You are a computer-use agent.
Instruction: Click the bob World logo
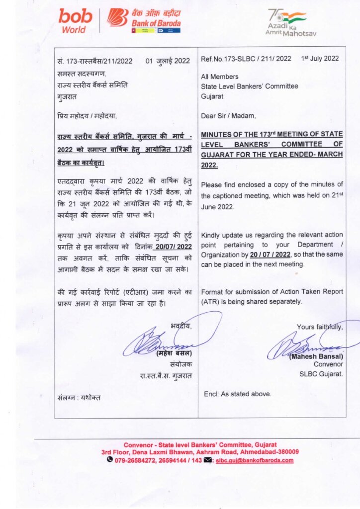click(76, 21)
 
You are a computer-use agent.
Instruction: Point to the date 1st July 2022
click(320, 59)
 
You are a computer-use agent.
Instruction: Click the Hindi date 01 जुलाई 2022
click(168, 61)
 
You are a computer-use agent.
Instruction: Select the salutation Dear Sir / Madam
click(228, 116)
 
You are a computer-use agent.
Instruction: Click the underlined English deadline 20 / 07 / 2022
click(270, 254)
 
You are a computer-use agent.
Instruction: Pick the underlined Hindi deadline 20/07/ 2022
click(173, 247)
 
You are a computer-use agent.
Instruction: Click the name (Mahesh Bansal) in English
click(316, 356)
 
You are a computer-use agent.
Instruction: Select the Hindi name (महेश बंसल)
click(174, 353)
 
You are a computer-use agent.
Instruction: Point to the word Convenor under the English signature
click(328, 364)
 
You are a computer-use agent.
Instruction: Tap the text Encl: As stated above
click(238, 394)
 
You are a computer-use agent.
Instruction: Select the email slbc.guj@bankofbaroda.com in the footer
click(254, 460)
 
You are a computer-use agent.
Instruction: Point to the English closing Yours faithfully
click(319, 327)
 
